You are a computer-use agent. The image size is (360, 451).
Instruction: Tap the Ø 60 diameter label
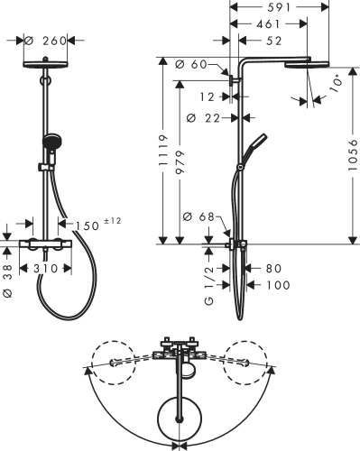pyautogui.click(x=195, y=64)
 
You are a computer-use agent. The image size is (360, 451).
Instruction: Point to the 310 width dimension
pyautogui.click(x=44, y=270)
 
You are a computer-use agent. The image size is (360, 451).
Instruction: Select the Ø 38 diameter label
pyautogui.click(x=8, y=283)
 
